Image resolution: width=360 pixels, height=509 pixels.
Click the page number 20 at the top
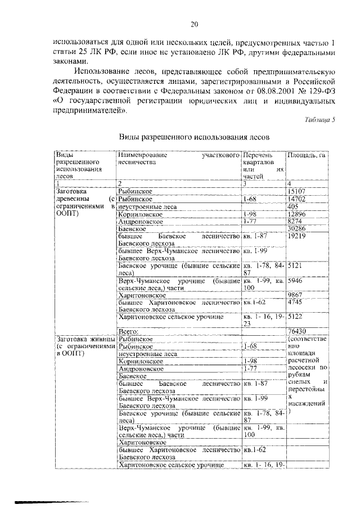(x=195, y=24)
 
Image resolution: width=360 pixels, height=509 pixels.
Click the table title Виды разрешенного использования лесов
(x=195, y=137)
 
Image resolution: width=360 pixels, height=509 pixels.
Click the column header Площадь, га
(x=307, y=155)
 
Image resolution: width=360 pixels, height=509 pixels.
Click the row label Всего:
(x=128, y=331)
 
